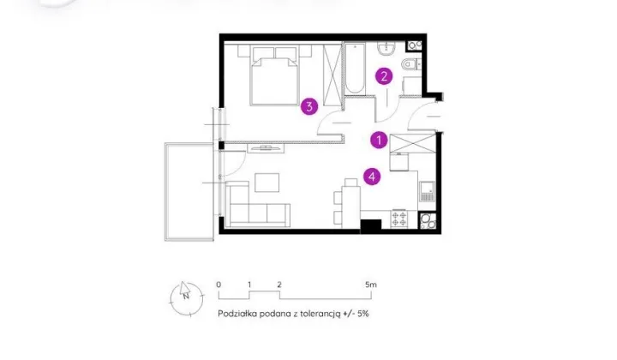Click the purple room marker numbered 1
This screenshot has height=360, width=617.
click(379, 140)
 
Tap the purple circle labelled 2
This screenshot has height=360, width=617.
click(384, 76)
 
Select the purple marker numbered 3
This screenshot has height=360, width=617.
click(309, 106)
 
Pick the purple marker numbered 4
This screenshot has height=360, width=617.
click(372, 177)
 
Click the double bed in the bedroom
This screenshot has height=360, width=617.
click(275, 76)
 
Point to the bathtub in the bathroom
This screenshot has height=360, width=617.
click(355, 69)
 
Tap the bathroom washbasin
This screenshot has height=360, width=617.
click(387, 49)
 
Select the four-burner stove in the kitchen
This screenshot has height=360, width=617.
click(399, 219)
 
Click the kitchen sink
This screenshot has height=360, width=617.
click(427, 191)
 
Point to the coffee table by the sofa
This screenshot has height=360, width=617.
click(267, 183)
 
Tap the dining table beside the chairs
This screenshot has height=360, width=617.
click(351, 207)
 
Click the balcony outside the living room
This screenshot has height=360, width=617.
click(189, 192)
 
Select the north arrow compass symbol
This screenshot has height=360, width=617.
click(187, 298)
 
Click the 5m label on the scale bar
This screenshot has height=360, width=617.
click(371, 285)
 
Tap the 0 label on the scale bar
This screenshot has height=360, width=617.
click(219, 285)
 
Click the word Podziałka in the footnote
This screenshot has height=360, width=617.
click(237, 314)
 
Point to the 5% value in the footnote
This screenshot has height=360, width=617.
click(362, 314)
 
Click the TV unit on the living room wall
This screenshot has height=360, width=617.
click(266, 148)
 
